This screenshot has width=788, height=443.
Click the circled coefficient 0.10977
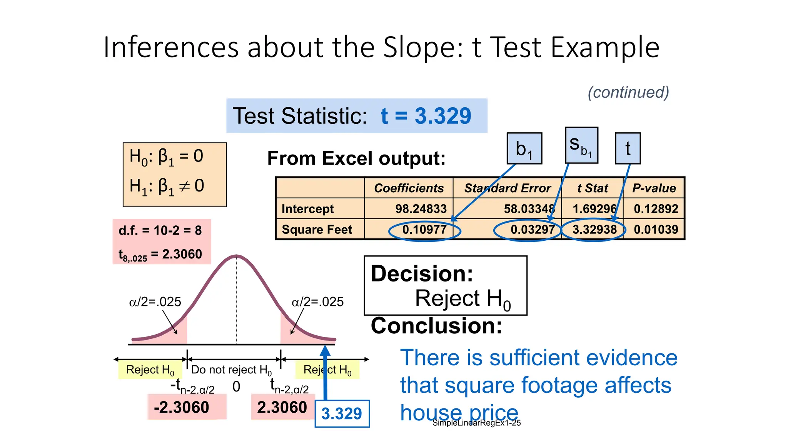pos(424,230)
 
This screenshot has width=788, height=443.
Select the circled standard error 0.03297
pos(533,230)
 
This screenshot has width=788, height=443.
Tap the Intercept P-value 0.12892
pos(656,209)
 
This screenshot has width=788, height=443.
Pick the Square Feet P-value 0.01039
pos(656,230)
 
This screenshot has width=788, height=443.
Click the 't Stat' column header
pos(593,188)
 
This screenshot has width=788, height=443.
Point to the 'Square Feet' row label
pos(317,230)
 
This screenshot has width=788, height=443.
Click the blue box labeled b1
pos(524,148)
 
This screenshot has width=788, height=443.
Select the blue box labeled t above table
pos(628,148)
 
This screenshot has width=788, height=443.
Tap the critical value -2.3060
pos(182,407)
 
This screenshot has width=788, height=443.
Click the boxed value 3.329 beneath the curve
pos(342,414)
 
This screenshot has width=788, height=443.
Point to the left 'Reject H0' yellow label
pos(150,370)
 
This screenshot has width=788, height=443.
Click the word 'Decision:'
pos(422,274)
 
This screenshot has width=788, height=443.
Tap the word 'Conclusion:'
pos(436,326)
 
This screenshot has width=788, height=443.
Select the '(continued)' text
pos(628,92)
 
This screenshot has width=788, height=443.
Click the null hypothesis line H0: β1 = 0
pos(166,157)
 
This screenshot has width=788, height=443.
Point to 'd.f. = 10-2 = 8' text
pos(160,230)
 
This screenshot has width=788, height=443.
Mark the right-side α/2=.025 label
pos(317,302)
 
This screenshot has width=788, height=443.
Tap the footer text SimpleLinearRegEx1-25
pos(476,423)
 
